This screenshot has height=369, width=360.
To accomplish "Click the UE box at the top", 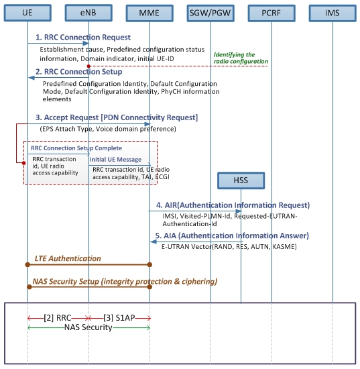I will [x=27, y=12].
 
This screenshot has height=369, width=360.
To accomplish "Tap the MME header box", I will [x=149, y=12].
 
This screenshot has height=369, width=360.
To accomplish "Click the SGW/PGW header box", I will [x=211, y=12].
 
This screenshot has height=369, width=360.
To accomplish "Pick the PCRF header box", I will [x=272, y=12].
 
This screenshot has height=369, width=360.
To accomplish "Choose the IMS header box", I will [x=333, y=12].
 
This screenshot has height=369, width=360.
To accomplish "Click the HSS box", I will [x=241, y=180].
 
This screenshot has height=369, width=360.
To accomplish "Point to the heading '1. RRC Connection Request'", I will [x=83, y=38].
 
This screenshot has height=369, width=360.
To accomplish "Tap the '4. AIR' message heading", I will [x=233, y=205].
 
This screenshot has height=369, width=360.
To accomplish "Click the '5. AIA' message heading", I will [x=232, y=235].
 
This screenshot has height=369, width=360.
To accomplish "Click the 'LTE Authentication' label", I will [x=68, y=258].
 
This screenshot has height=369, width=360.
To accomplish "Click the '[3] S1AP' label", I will [x=119, y=316].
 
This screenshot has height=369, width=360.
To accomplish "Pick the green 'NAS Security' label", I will [x=88, y=327].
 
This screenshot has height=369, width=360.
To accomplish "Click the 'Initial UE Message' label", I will [x=115, y=159].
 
